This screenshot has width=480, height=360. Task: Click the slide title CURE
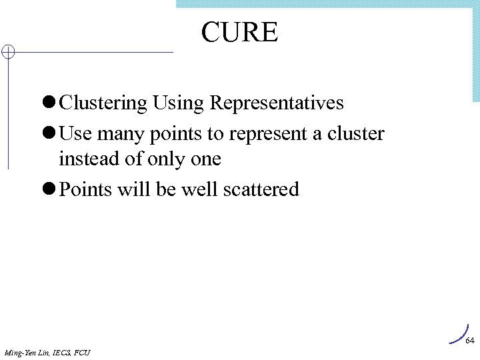tap(239, 32)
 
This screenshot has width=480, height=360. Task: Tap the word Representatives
tap(277, 103)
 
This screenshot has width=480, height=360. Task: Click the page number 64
tap(469, 340)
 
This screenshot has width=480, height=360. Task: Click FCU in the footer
tap(83, 351)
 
